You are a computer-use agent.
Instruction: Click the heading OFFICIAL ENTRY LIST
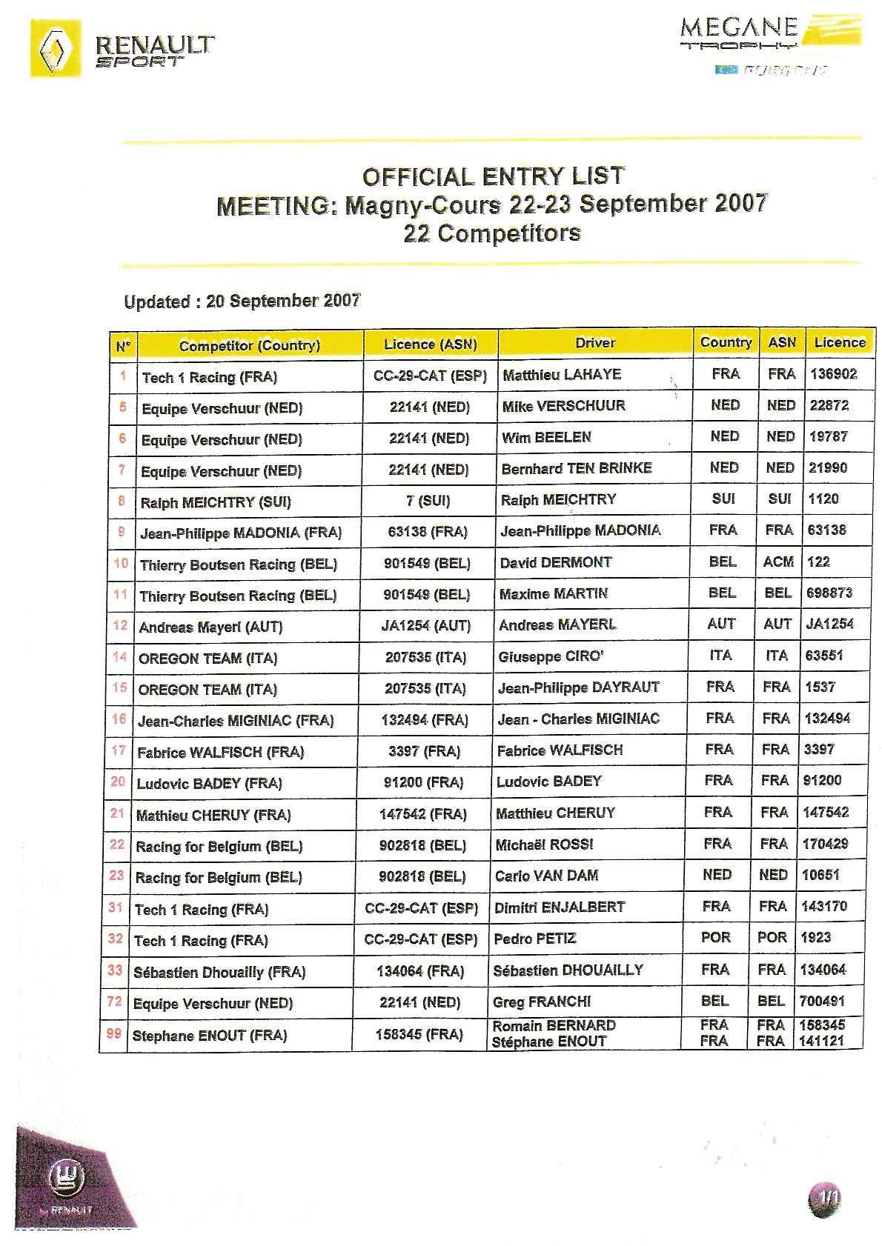click(x=493, y=176)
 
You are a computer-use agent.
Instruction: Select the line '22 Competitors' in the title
click(x=491, y=233)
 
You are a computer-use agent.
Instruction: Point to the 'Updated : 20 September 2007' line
click(x=242, y=301)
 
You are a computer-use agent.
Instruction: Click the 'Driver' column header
click(x=595, y=342)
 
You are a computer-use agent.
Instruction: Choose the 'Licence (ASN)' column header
click(x=430, y=344)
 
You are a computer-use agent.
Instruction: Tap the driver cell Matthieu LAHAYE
click(x=562, y=374)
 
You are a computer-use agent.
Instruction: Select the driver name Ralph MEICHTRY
click(x=558, y=499)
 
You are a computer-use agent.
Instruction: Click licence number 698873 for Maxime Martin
click(x=829, y=593)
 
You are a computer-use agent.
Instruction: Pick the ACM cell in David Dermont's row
click(x=778, y=562)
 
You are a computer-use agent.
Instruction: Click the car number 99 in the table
click(x=114, y=1033)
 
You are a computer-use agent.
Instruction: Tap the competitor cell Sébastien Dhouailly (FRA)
click(x=219, y=972)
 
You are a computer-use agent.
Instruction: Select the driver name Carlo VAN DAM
click(x=546, y=876)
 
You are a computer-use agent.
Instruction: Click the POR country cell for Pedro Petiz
click(x=715, y=937)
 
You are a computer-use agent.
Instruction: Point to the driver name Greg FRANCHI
click(x=542, y=1002)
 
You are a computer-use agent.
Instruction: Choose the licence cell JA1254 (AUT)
click(x=426, y=626)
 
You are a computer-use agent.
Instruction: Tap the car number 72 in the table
click(x=115, y=1002)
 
